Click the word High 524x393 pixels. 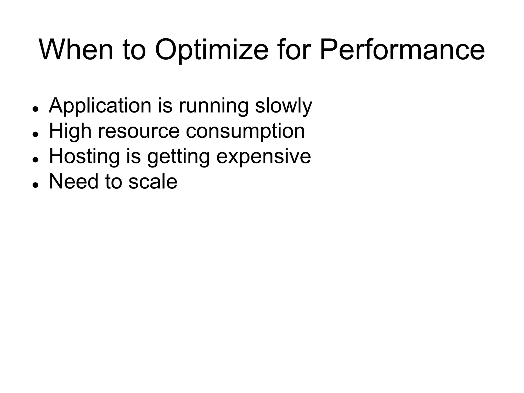coord(70,131)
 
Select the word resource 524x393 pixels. coord(139,131)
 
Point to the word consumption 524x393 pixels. coord(245,131)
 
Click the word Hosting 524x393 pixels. coord(84,156)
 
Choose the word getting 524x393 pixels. coord(178,156)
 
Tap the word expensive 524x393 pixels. coord(264,156)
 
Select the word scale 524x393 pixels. coord(153,182)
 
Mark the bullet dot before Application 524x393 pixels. coord(35,109)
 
